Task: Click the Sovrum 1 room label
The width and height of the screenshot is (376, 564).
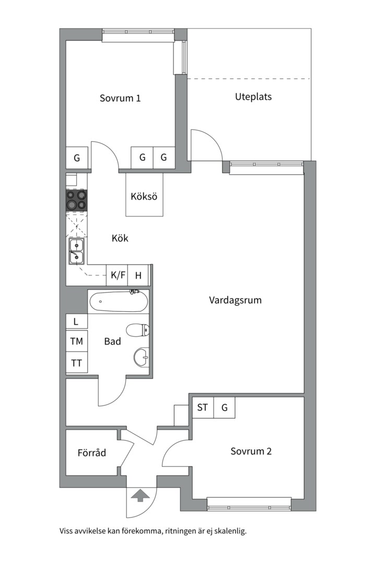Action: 120,98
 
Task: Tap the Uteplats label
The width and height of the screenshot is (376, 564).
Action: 253,97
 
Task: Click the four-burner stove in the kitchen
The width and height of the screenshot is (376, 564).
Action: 76,200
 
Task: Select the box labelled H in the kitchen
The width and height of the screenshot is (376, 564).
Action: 138,275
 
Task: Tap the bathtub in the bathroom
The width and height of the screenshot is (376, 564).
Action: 118,301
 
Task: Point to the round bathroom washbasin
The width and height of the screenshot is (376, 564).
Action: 141,358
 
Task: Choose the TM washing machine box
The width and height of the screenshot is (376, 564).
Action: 76,342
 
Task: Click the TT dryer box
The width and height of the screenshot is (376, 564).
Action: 76,363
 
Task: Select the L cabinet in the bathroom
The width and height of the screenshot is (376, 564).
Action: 76,321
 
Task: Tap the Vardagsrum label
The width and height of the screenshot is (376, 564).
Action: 235,300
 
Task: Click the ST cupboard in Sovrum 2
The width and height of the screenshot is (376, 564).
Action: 203,407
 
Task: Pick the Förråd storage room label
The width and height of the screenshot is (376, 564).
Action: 91,453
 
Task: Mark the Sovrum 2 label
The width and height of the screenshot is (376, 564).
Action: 251,451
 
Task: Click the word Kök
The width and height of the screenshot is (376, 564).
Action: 120,238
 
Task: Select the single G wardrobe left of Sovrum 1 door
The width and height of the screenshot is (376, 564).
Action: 77,158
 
